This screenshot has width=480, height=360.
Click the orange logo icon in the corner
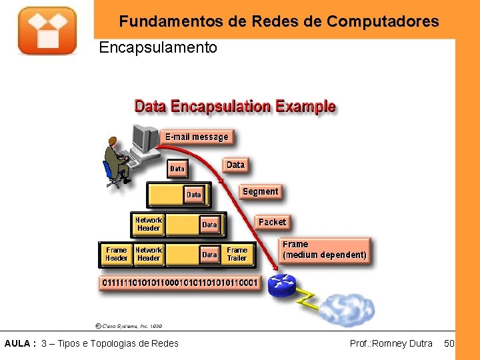point(47,30)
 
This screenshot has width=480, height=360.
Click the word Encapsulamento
point(157,48)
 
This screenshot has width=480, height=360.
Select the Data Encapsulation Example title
point(235,106)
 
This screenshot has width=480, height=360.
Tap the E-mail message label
point(197,137)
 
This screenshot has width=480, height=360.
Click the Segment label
point(260,191)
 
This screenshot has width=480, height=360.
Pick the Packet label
point(272,222)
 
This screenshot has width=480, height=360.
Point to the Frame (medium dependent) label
point(324,250)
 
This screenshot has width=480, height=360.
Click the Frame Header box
point(116,254)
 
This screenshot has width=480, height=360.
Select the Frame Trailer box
point(237,254)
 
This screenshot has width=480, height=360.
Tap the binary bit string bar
point(179,283)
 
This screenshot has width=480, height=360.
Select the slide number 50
point(449,343)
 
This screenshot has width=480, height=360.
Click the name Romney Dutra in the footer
point(402,343)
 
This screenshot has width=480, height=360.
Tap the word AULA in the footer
point(17,343)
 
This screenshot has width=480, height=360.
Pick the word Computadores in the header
point(383,21)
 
